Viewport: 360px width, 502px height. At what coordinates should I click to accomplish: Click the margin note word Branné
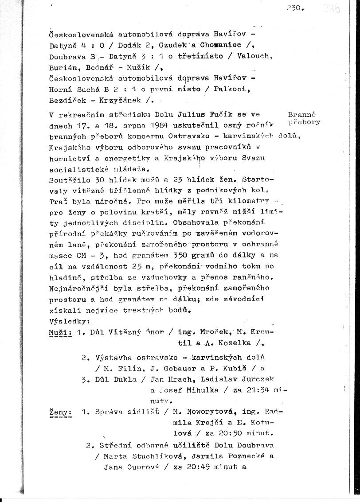click(x=301, y=114)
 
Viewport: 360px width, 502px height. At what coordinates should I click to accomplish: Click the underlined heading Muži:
click(x=60, y=332)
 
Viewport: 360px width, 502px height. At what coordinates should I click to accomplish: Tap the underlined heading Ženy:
click(x=61, y=412)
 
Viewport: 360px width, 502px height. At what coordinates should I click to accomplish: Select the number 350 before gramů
click(x=172, y=256)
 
